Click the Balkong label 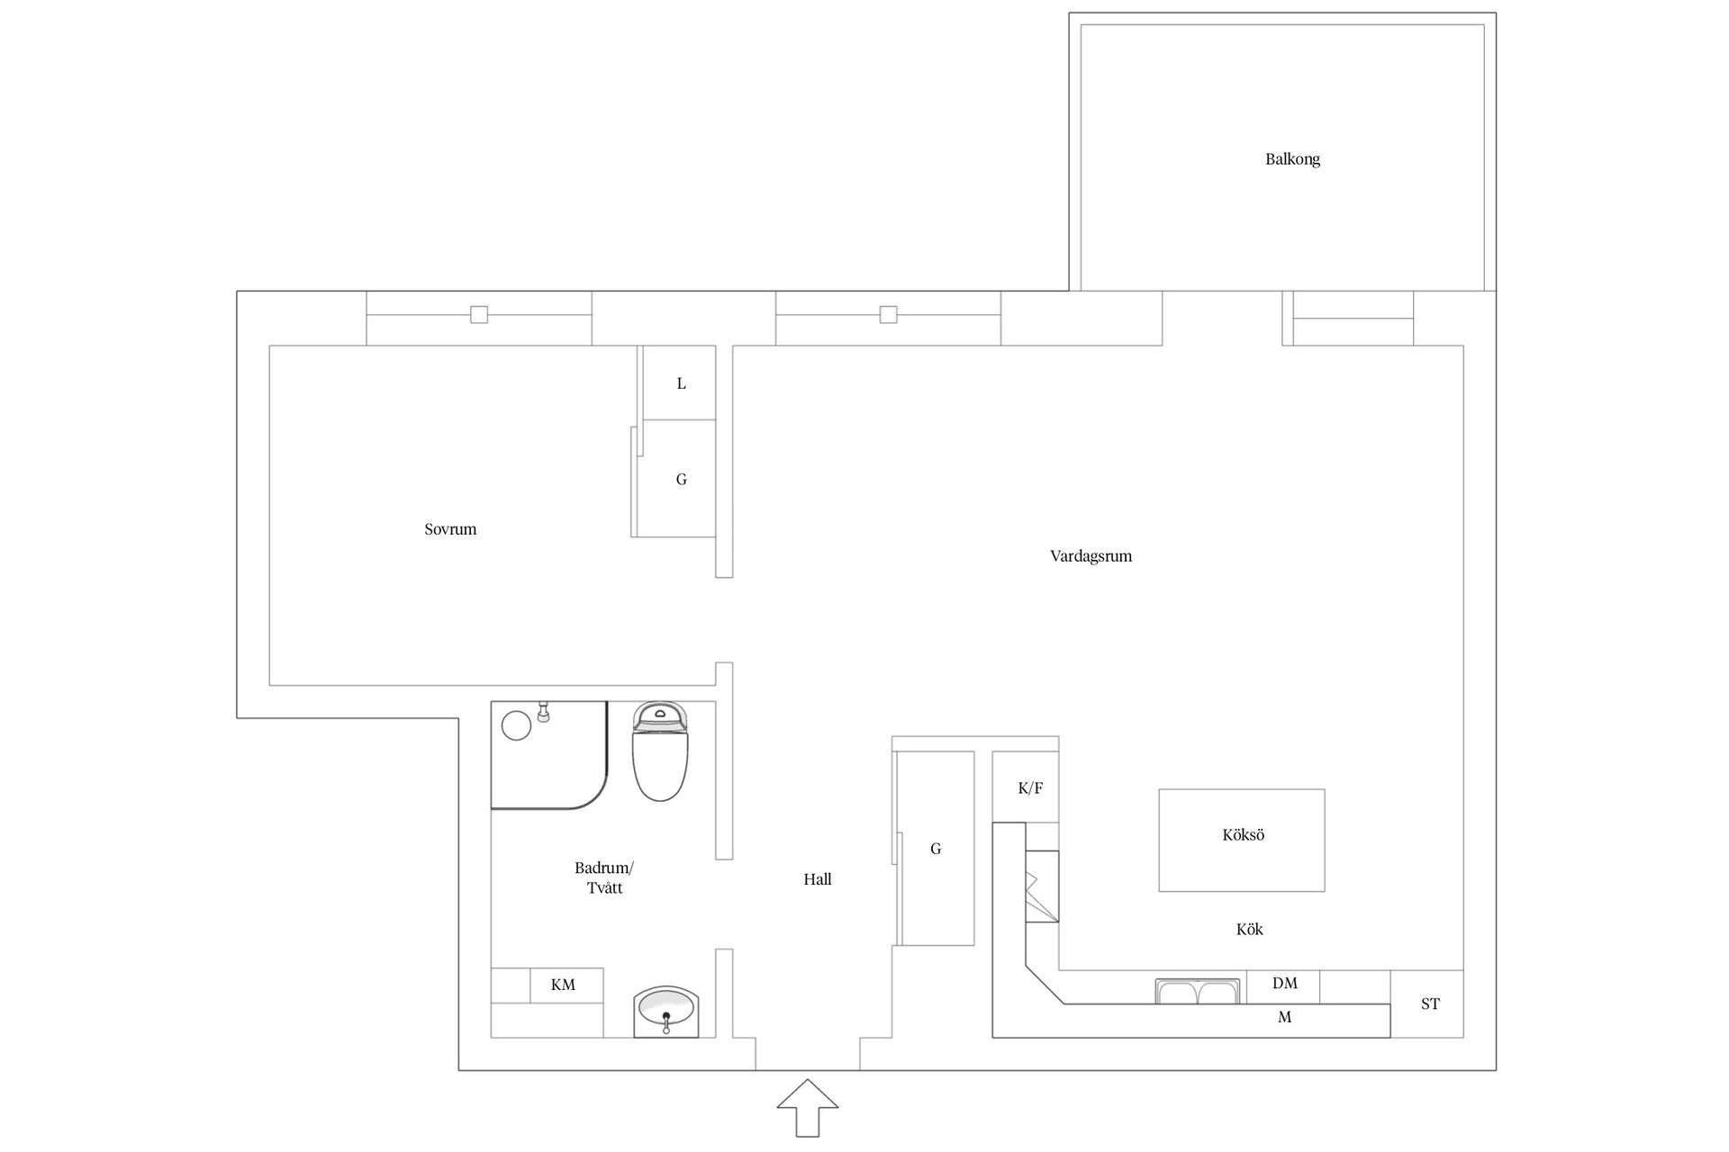point(1292,159)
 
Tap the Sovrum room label point(450,529)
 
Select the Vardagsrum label point(1091,556)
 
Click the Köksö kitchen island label point(1243,835)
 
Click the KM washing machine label point(563,985)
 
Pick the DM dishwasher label point(1284,984)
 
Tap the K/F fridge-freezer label point(1030,788)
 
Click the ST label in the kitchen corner point(1430,1004)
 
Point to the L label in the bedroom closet point(682,383)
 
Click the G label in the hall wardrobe point(936,849)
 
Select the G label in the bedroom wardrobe point(682,480)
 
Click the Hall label point(818,879)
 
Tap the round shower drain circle point(516,725)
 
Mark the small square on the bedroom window point(479,315)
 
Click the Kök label point(1249,930)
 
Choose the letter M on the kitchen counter point(1284,1018)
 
